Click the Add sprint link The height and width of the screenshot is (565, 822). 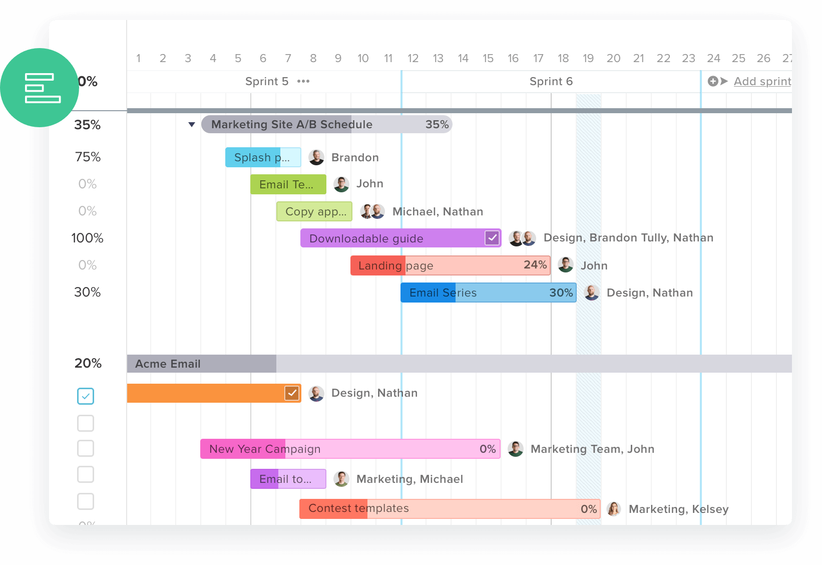point(762,81)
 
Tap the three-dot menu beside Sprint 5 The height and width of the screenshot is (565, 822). point(303,81)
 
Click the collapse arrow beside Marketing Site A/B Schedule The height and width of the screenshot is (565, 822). point(191,125)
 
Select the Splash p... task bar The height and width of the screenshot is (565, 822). point(262,157)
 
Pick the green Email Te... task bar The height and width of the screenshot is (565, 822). point(288,184)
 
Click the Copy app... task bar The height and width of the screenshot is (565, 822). point(314,211)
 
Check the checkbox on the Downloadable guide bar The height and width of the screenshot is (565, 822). point(492,238)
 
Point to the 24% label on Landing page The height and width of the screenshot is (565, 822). point(535,265)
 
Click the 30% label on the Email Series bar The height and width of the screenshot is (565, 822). point(561,293)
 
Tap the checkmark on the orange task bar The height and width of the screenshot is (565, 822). point(292,393)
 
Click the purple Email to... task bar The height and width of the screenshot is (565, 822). point(288,479)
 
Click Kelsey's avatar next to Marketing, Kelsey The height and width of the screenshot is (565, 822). point(614,509)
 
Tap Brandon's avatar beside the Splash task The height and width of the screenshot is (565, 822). point(316,157)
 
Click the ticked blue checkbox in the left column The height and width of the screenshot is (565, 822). point(86,396)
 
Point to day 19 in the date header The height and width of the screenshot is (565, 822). point(588,59)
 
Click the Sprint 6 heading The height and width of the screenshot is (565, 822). point(551,81)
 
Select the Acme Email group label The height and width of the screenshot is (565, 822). point(168,364)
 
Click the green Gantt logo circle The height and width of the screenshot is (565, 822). point(40,88)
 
